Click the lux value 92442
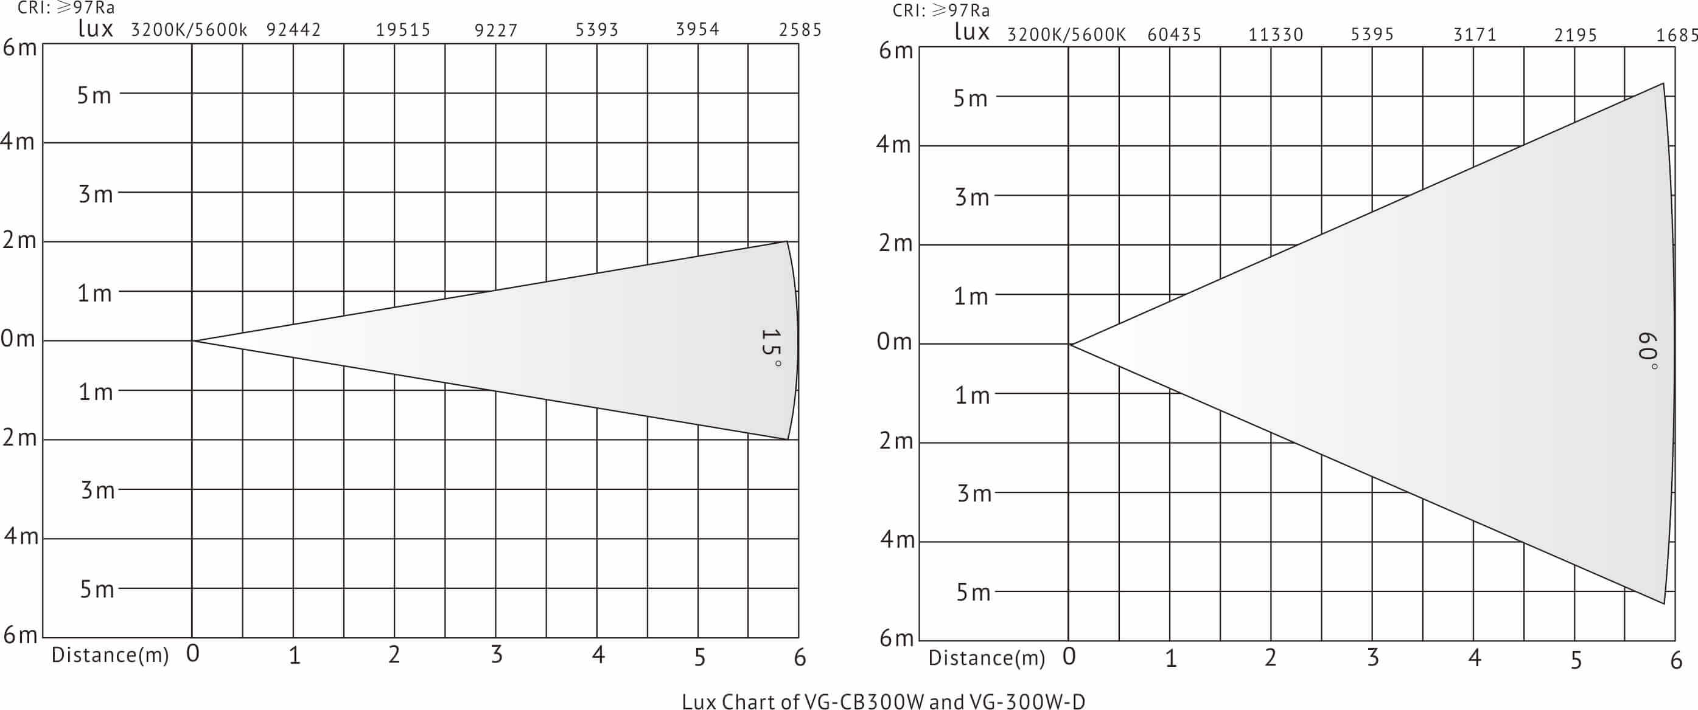(293, 30)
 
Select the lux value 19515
(403, 30)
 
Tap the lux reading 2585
(800, 30)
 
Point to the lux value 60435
(1175, 35)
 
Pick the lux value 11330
(1276, 35)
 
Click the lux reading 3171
(1475, 35)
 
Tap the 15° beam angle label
(770, 348)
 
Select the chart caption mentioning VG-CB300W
(883, 701)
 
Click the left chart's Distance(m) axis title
(110, 655)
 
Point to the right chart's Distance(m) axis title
(987, 657)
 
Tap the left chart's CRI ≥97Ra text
(66, 9)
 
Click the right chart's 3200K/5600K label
(1066, 35)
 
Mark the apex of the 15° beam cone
(193, 340)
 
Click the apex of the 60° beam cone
(1070, 344)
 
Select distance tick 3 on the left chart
(497, 655)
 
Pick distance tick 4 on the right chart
(1475, 657)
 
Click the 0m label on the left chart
(18, 339)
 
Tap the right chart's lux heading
(971, 32)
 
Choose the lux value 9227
(497, 30)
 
